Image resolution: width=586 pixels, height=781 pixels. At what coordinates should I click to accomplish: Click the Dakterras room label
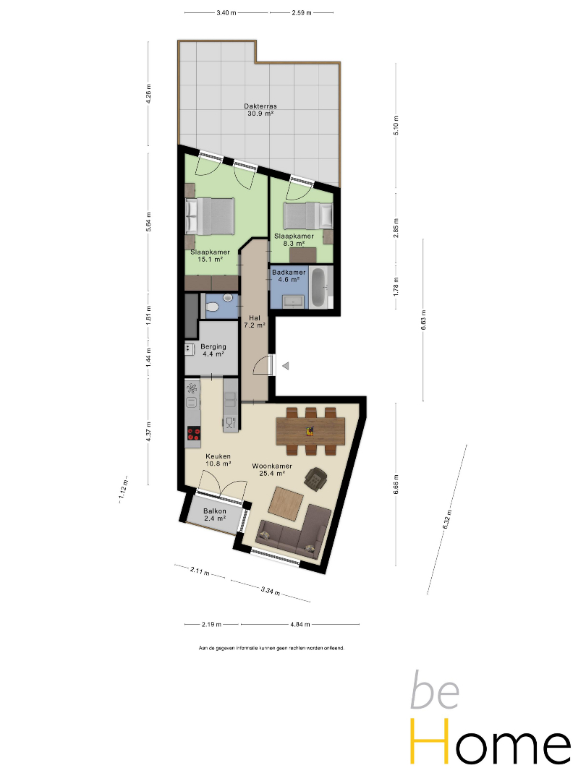260,106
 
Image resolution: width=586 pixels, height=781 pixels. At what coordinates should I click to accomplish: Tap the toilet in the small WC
212,307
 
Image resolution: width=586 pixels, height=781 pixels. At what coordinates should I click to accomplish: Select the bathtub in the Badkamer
319,287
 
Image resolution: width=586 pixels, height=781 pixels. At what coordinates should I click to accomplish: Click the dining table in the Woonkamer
310,431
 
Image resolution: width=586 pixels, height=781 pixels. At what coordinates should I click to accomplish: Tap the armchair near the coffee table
315,479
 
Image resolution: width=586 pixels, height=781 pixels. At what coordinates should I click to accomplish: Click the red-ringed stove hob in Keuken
193,433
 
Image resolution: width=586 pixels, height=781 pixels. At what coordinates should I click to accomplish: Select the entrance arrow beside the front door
286,366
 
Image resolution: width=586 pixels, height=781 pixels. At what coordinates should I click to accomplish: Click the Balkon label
215,511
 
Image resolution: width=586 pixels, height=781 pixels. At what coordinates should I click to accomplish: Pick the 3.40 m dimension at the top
226,12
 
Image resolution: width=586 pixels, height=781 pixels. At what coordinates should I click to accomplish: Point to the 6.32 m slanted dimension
447,519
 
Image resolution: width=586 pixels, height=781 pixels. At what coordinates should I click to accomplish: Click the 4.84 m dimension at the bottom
300,624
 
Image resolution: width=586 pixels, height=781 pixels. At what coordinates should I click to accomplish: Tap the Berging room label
213,346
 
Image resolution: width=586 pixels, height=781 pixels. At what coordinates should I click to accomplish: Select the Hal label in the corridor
255,317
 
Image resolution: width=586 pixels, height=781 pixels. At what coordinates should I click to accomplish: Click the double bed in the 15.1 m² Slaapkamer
210,216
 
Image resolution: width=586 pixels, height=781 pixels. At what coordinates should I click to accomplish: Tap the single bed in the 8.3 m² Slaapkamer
308,215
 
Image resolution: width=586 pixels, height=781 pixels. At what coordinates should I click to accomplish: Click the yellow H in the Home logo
429,741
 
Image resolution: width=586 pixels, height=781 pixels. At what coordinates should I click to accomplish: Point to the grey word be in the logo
435,690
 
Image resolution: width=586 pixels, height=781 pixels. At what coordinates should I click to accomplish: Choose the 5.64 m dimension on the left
148,222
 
